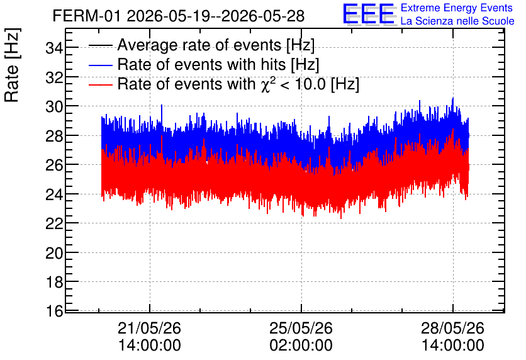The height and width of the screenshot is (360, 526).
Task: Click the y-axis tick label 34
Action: click(54, 48)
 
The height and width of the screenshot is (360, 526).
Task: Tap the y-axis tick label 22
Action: click(54, 223)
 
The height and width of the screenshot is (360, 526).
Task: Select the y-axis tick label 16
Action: click(54, 311)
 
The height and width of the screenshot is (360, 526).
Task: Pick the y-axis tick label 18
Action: click(54, 282)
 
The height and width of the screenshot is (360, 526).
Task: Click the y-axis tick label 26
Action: click(54, 165)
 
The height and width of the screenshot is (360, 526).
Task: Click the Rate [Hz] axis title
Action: click(12, 65)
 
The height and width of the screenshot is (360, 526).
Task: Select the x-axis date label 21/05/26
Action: click(149, 328)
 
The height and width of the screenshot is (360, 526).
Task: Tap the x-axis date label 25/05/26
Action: click(301, 328)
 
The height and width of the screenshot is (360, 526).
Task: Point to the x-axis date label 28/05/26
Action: click(452, 328)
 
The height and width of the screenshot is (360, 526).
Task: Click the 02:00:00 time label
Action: click(301, 346)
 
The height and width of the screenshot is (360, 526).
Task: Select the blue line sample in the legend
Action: click(100, 65)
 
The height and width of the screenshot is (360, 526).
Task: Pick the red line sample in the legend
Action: click(100, 85)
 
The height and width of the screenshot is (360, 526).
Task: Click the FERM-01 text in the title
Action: click(86, 16)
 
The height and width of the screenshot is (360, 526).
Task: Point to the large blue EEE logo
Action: click(369, 14)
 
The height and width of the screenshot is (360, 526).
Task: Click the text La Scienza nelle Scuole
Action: click(457, 21)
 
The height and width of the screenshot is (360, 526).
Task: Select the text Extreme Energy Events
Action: click(457, 8)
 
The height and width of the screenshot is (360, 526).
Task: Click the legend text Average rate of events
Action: click(199, 45)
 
